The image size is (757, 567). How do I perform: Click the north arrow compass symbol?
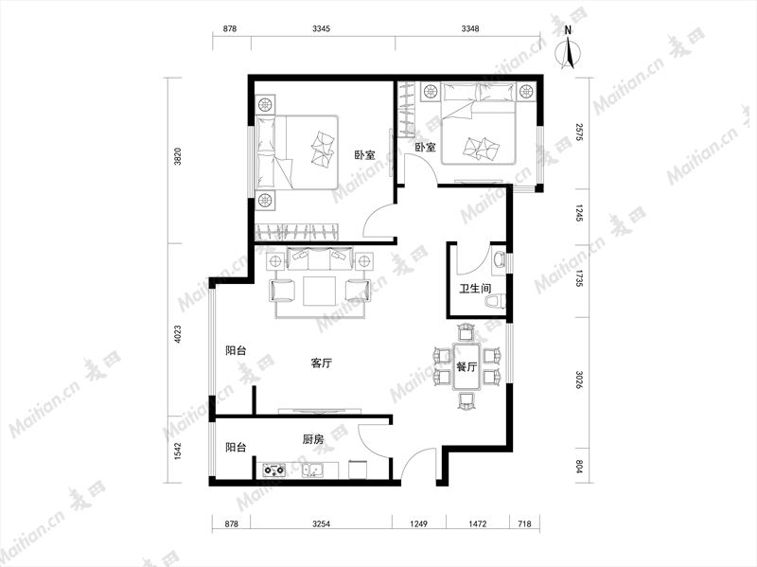tap(569, 50)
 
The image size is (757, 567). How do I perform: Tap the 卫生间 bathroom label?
tap(475, 289)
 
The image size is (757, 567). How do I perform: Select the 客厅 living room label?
tap(321, 363)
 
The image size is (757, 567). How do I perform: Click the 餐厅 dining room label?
tap(467, 367)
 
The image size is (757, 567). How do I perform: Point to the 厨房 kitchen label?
tap(313, 439)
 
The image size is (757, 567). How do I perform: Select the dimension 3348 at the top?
tap(469, 28)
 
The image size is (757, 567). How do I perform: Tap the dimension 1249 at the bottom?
tap(418, 523)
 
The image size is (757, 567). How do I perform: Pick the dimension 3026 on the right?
tap(580, 380)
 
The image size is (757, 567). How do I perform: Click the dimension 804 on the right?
tap(580, 467)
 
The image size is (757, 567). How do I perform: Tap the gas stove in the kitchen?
tap(273, 470)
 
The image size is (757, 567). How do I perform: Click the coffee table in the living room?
tap(320, 291)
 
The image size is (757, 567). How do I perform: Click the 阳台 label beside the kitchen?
tap(236, 448)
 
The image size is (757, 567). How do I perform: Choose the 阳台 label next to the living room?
tap(236, 350)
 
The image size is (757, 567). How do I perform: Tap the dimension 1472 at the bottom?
tap(478, 523)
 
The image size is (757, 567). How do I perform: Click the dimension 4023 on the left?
tap(178, 334)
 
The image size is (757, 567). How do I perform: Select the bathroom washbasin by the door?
tap(499, 259)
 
